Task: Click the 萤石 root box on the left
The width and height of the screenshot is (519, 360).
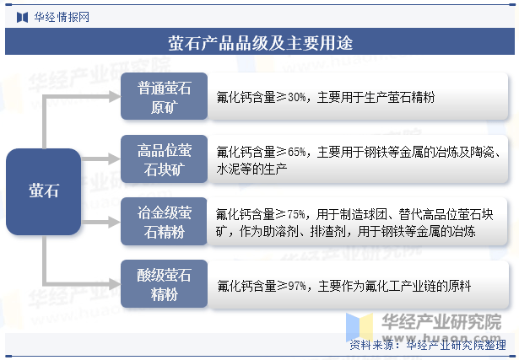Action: (43, 191)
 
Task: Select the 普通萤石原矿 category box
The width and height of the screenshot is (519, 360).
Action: (164, 96)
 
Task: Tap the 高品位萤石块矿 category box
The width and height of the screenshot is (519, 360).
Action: (164, 159)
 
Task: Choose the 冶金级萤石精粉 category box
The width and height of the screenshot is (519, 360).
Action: (164, 222)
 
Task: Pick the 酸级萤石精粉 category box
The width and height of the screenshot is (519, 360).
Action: (164, 284)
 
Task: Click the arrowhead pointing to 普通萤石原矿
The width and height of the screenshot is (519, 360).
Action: (115, 96)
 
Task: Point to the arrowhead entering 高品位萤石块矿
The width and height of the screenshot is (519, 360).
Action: (115, 159)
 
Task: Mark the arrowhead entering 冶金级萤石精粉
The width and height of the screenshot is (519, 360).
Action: (115, 222)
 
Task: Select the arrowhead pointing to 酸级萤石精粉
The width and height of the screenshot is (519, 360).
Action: (115, 284)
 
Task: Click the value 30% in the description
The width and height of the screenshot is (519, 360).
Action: (296, 98)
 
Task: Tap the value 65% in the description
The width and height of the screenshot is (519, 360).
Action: (296, 153)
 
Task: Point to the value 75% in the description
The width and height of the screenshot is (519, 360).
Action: (296, 214)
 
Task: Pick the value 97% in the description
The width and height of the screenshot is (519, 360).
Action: (297, 286)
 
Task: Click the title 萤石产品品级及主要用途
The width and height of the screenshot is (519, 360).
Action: (260, 42)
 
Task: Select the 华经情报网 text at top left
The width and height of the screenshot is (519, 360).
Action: (62, 17)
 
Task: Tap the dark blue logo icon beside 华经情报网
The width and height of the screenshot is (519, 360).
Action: (22, 17)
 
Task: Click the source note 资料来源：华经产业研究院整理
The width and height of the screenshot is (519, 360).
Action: (428, 346)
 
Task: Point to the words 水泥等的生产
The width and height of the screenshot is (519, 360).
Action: (251, 169)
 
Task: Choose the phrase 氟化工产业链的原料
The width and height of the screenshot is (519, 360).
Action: (418, 286)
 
